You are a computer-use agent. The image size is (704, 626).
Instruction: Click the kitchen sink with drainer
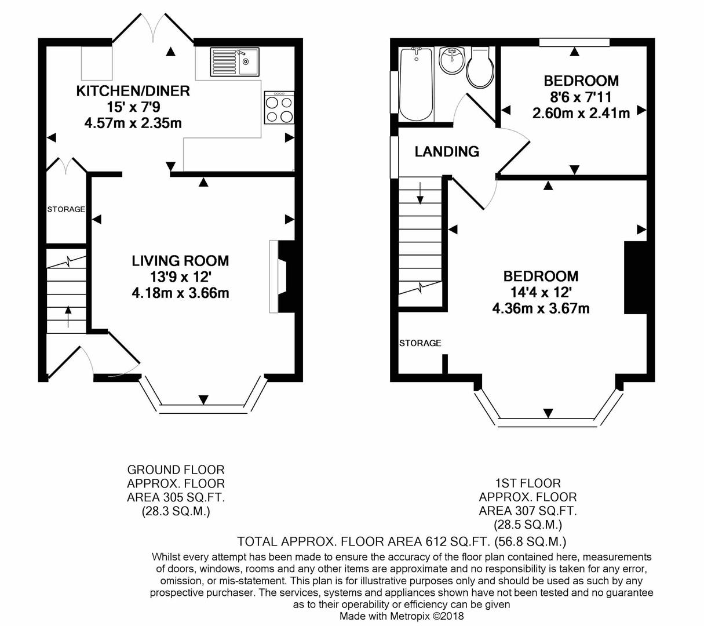235,62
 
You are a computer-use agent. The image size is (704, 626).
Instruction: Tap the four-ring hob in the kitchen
279,107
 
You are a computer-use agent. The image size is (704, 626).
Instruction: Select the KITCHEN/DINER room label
133,91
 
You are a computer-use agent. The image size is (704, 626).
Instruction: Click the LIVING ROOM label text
180,261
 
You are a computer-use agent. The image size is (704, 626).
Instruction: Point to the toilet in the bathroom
480,68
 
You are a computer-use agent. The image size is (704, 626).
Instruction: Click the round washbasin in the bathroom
452,60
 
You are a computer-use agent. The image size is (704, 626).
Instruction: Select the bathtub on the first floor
416,84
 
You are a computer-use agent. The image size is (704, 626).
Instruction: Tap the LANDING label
447,151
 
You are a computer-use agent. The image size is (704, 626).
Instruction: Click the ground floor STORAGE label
66,209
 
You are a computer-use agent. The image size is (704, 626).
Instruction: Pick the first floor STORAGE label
420,343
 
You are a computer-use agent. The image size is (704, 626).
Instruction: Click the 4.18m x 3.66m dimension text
180,293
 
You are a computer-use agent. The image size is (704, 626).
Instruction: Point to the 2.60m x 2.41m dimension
581,113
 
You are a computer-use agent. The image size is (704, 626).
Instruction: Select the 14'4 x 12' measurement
541,292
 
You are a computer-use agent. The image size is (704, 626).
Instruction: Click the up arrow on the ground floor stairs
68,316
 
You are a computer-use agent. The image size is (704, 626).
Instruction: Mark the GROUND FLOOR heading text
176,470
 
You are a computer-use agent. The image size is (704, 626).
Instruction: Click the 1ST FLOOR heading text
528,483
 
